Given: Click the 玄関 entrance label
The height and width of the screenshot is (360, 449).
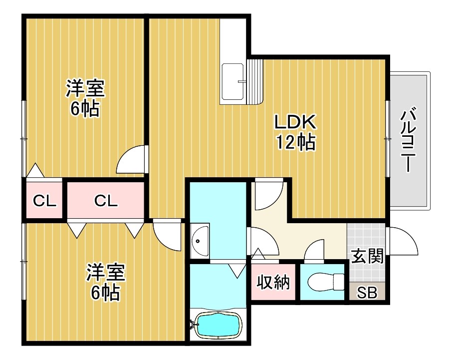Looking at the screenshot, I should click(x=367, y=256).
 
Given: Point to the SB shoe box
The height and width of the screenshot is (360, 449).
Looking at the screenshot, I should click(x=367, y=292).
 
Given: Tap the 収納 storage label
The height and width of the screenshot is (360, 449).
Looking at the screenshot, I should click(x=273, y=283).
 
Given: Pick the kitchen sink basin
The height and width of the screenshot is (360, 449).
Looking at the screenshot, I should click(x=233, y=80).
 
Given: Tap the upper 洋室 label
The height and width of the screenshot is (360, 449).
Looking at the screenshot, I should click(x=85, y=89).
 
